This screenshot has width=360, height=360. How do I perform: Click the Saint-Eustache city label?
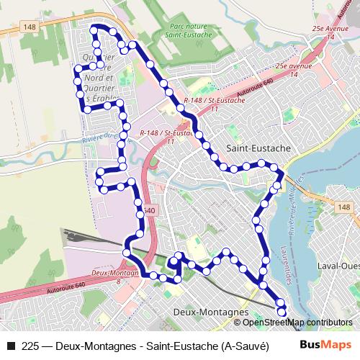coord(258,148)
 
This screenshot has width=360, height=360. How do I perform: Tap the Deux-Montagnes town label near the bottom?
coord(211,313)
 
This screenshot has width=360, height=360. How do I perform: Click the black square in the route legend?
coord(11,345)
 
